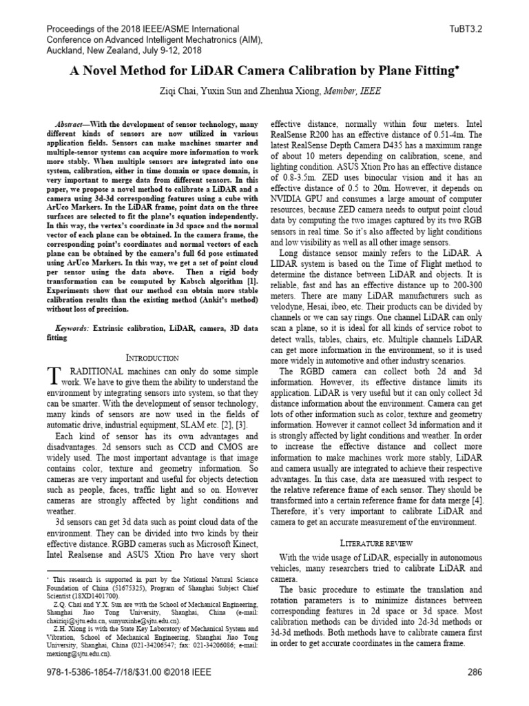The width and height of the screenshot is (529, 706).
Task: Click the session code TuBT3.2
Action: [x=465, y=30]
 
